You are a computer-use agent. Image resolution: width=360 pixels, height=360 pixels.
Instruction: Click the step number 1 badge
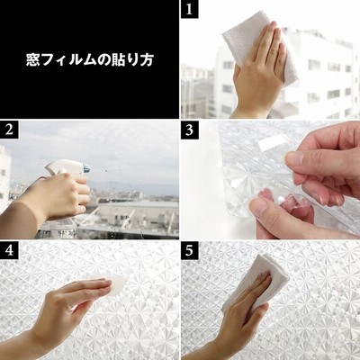190,9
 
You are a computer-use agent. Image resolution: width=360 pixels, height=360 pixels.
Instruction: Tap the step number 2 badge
9,130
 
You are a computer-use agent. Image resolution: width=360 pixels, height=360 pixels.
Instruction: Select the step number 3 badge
190,130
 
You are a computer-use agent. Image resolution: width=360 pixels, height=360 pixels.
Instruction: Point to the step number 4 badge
9,251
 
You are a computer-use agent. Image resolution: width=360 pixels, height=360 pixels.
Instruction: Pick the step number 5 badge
190,251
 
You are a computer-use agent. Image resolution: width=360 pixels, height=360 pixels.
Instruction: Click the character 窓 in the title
31,60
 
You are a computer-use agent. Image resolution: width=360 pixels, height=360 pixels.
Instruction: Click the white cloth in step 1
259,48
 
